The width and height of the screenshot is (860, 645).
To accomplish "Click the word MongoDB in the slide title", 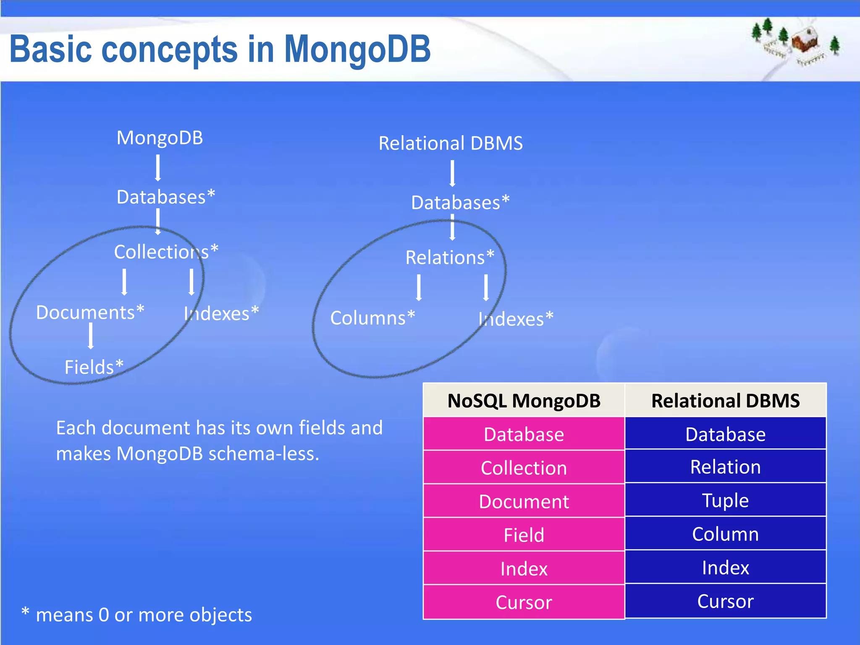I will pos(357,50).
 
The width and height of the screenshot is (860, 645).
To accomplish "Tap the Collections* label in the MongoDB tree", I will pos(166,252).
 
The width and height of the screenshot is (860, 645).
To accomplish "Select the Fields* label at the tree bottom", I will pos(94,367).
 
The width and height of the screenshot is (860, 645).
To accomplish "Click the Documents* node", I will pos(90,312).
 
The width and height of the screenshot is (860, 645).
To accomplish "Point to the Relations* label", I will pos(450,257).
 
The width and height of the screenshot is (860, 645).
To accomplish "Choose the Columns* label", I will pos(372,318).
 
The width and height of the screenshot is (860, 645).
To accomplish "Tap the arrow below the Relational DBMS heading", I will pos(452,173).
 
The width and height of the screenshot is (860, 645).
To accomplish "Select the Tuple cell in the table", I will pos(725,500).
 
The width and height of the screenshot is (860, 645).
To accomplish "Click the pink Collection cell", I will pos(524,468).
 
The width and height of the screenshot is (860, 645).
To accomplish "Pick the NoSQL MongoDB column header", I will pos(524,401).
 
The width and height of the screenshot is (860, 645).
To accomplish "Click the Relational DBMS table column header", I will pos(725,401).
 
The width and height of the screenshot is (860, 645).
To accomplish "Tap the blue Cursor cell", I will pos(725,601).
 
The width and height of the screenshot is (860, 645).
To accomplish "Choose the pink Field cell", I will pos(524,535).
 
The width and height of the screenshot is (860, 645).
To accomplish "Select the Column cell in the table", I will pos(725,534).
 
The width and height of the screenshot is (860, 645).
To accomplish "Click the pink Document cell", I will pos(524,501).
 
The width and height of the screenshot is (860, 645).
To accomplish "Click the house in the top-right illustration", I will pos(805,41).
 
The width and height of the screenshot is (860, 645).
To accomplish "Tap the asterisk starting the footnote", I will pos(25,612).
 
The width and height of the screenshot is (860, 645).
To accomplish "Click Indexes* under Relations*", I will pos(516,319).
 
